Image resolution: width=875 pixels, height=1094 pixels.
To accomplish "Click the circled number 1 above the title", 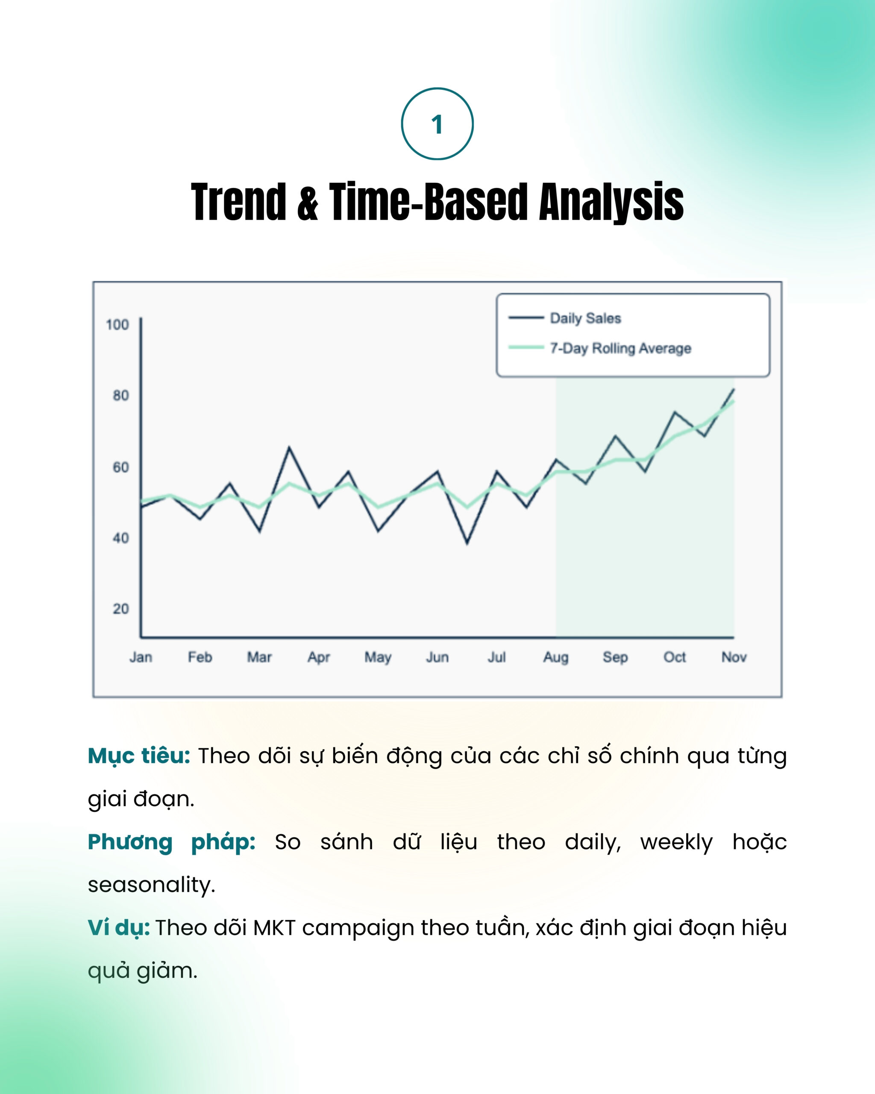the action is pos(437,124).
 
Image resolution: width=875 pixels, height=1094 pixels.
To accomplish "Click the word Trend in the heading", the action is pos(239,202).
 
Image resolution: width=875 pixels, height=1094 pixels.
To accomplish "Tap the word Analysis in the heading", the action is pos(611,203).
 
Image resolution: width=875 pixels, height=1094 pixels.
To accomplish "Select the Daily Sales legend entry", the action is pos(565,318).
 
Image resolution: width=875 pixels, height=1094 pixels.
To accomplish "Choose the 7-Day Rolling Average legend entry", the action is pos(599,348).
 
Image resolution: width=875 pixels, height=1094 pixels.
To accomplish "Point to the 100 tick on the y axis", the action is pos(117,325).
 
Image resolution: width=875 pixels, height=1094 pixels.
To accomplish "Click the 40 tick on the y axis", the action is pos(121,538).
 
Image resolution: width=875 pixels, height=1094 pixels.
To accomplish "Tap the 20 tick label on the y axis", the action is pos(121,609).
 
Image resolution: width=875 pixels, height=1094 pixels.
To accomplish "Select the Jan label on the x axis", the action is pos(141,658).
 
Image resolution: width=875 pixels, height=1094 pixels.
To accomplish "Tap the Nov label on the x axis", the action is pos(734,658).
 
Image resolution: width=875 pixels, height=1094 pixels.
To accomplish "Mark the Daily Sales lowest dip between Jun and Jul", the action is pos(467,543).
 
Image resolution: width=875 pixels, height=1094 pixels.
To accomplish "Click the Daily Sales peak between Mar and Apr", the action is pos(289,447).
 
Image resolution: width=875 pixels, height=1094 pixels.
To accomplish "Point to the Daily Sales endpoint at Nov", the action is pos(734,390).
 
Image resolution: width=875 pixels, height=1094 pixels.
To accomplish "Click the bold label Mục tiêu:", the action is pos(139,756).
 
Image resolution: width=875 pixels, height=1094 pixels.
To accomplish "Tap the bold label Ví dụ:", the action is pos(119,928).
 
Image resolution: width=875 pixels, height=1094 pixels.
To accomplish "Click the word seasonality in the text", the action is pos(152,885).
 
